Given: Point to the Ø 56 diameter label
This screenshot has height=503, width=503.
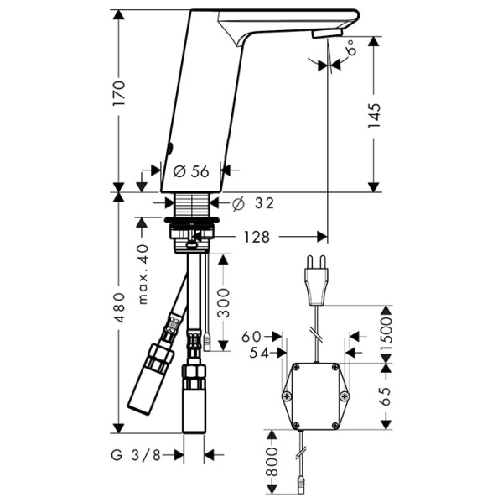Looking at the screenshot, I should (x=190, y=170).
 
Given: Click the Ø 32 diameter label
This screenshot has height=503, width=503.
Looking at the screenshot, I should (x=251, y=203).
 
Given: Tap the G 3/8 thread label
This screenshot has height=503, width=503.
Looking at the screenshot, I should (x=138, y=455).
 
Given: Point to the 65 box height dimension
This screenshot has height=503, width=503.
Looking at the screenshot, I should (x=386, y=395).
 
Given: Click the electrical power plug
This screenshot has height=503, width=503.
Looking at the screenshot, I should (x=316, y=281).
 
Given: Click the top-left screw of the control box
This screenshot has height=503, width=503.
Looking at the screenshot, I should (x=290, y=370).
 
